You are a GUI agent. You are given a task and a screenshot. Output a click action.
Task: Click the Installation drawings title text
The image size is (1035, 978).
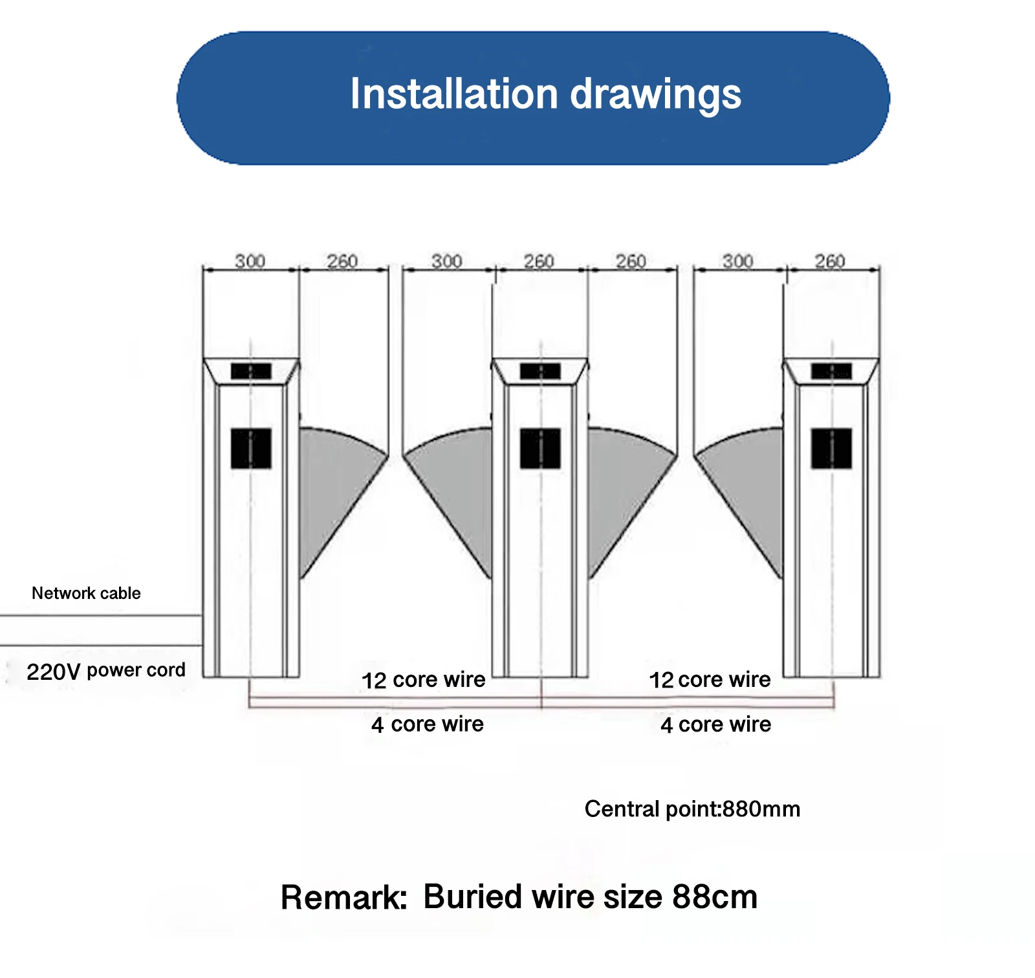[545, 94]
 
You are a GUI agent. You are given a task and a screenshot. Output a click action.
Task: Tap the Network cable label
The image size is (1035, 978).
[86, 593]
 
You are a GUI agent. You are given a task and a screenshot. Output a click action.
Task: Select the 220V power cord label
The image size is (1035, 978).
[106, 671]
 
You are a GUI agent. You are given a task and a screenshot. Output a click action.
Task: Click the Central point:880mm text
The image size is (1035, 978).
[692, 809]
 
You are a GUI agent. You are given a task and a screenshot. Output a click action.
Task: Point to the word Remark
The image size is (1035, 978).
[343, 898]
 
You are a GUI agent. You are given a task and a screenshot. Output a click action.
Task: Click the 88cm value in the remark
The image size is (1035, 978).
[715, 897]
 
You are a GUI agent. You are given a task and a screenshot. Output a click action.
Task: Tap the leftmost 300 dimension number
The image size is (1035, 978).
[250, 261]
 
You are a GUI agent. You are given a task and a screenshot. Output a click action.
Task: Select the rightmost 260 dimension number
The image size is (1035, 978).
[830, 261]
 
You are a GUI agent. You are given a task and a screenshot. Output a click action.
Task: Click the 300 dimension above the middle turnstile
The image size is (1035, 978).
[446, 261]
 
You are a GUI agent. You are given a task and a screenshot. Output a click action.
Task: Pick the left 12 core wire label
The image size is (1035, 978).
[423, 680]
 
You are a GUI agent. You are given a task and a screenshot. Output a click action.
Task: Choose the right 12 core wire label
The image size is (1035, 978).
[710, 680]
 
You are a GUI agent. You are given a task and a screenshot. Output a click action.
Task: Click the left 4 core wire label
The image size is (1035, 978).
[427, 724]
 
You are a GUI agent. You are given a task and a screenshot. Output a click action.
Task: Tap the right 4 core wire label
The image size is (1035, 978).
[715, 724]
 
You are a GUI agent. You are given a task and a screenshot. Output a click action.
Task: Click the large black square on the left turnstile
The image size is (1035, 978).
[251, 448]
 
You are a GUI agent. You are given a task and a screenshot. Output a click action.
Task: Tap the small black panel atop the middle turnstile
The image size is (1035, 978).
[540, 371]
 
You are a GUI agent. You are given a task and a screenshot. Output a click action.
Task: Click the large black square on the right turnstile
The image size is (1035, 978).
[831, 448]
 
